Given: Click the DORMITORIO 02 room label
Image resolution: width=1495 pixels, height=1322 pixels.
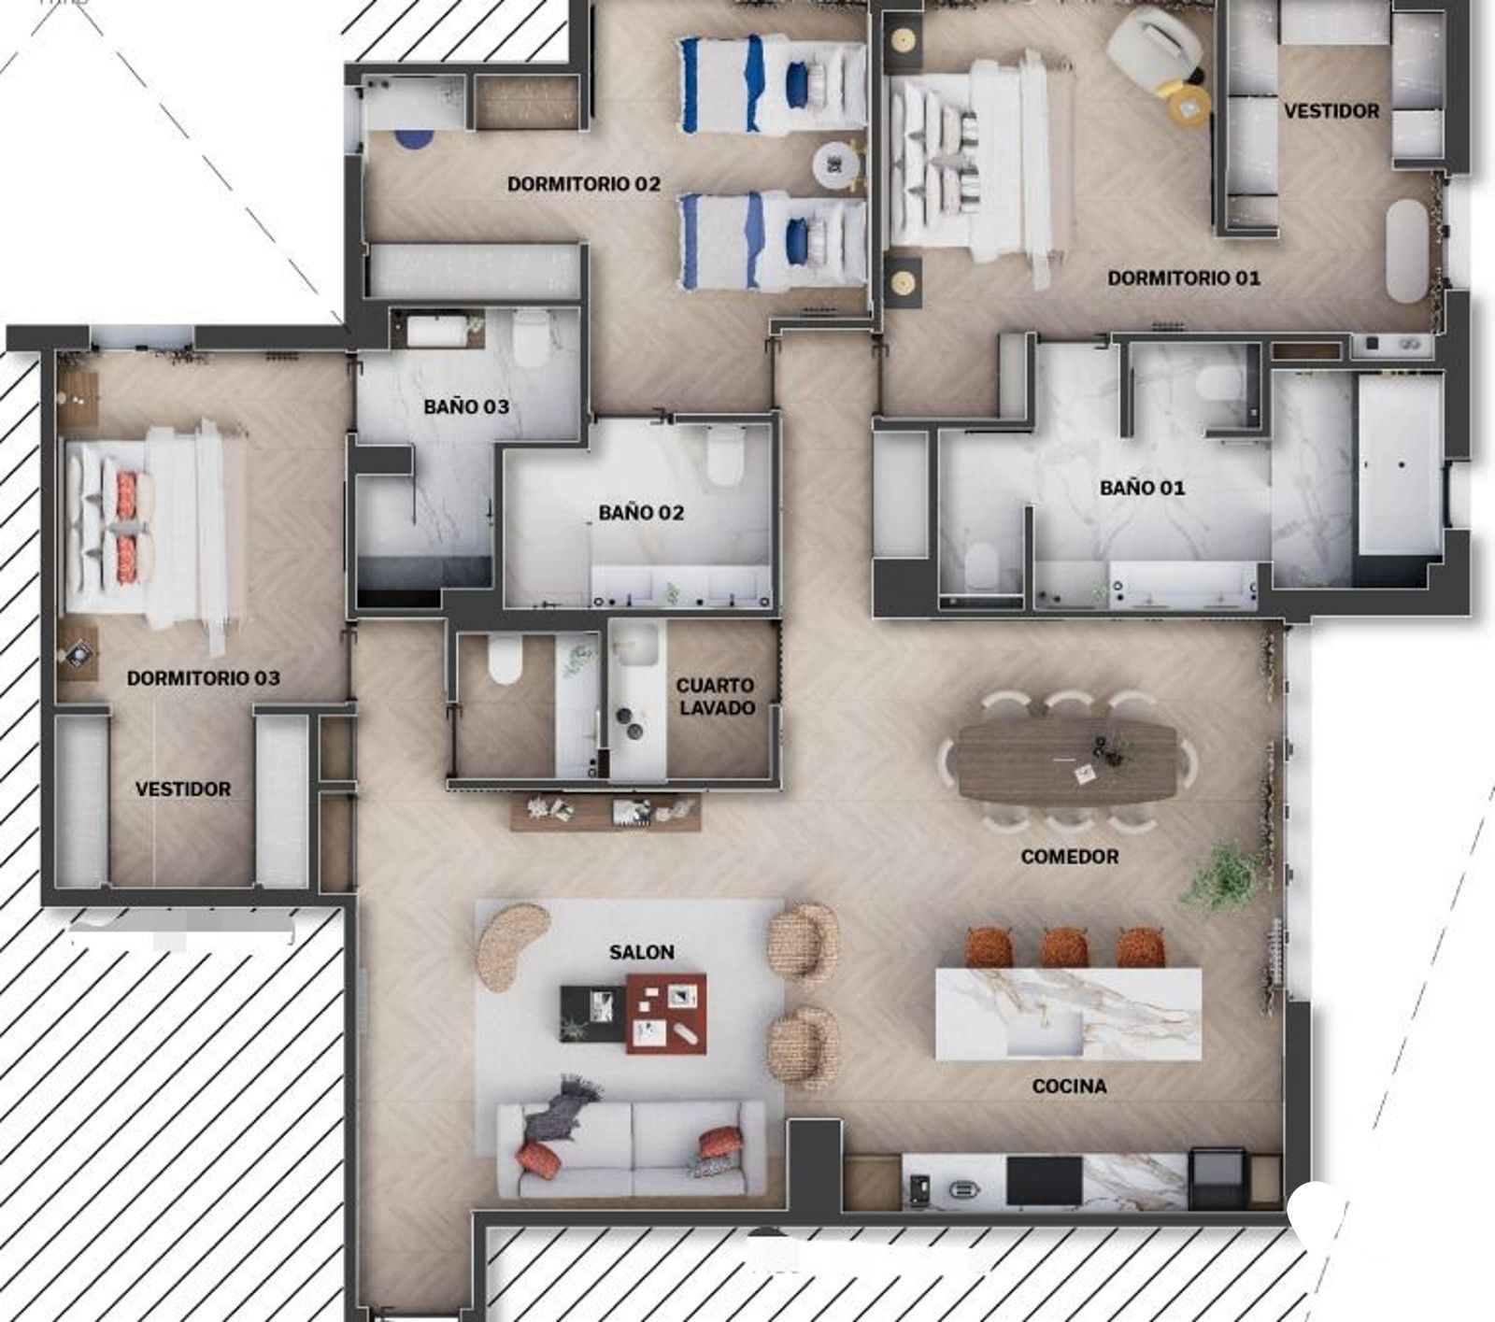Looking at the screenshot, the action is click(584, 184).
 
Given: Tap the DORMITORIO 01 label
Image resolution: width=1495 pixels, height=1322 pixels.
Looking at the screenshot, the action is click(1184, 277).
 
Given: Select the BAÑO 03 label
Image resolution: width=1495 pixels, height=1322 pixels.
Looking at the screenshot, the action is click(466, 406).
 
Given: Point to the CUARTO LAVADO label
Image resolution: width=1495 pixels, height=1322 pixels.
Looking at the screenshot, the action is click(716, 697).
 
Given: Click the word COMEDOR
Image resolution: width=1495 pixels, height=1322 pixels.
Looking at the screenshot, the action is click(1070, 856).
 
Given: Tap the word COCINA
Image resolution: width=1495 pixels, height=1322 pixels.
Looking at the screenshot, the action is click(1069, 1086).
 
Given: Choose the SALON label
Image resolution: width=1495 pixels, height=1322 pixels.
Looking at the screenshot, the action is click(642, 952).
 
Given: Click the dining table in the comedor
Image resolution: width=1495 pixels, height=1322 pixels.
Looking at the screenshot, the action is click(1068, 761).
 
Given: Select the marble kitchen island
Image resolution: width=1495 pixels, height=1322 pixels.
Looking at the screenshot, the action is click(1069, 1014).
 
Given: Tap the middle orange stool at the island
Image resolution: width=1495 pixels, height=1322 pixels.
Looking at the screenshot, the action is click(1065, 945).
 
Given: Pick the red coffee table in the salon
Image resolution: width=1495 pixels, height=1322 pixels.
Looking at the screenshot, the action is click(666, 1013).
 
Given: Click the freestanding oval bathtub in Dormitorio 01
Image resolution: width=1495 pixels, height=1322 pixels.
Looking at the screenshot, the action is click(1406, 250).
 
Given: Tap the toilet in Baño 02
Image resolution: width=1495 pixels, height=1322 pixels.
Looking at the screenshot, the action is click(725, 457).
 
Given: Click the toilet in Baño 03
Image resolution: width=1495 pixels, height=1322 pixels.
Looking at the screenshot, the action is click(530, 338).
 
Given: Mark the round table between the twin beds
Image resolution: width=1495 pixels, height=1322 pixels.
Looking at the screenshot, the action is click(837, 167).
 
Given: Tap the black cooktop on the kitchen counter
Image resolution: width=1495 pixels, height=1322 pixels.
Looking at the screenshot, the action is click(1044, 1181).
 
